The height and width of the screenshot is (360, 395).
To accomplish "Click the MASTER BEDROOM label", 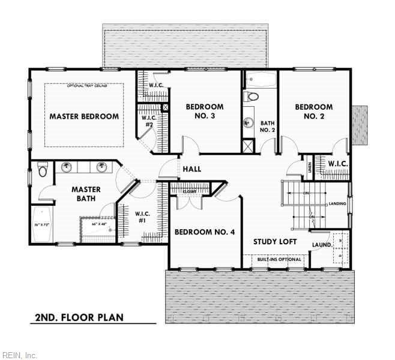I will coord(83,116).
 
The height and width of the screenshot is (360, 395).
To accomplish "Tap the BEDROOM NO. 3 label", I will coord(204,112).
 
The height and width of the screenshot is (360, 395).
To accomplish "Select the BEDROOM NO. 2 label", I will coord(313,112).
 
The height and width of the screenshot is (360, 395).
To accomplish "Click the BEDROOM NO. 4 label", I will coord(204,232).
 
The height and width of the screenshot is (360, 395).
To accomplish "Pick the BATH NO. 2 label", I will coord(267,125).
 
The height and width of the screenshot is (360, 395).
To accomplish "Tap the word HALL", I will coord(192,169).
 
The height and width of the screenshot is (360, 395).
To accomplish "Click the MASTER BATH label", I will coord(86,194).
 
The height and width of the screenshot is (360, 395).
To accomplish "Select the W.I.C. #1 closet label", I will coord(142,217).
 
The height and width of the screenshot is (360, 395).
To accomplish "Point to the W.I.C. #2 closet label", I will coord(149,122).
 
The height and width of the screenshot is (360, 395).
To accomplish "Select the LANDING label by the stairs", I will coord(337,204).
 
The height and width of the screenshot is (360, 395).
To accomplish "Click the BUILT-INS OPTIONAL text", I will coord(279,259).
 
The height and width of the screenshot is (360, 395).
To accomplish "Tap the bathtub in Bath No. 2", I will coord(260,79).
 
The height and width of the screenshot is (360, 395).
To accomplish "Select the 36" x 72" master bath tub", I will coord(41,224).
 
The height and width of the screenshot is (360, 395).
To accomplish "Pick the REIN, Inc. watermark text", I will coord(19,355).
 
